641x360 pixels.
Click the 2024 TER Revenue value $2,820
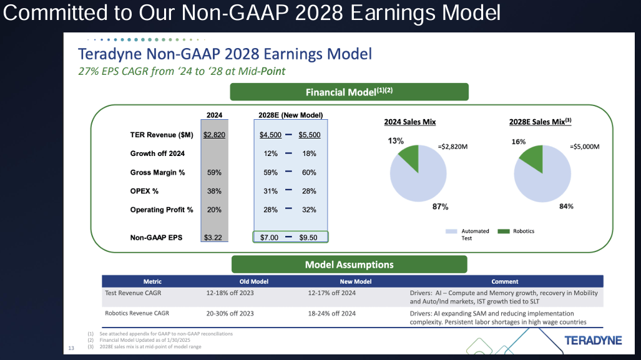point(214,135)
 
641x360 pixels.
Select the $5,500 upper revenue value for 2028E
point(309,135)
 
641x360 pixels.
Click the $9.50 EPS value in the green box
point(309,238)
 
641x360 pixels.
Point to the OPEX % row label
point(144,191)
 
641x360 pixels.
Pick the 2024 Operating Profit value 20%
point(214,210)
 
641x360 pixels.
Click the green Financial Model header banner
point(349,92)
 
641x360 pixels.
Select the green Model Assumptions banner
point(349,265)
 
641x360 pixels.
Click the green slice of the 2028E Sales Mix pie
point(532,157)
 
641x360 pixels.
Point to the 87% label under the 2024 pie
point(440,207)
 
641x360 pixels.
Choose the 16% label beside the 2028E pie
point(519,142)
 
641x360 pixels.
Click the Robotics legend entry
point(516,231)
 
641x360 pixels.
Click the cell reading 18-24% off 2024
point(332,313)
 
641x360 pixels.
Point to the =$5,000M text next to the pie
point(585,147)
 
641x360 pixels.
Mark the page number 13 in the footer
point(71,348)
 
